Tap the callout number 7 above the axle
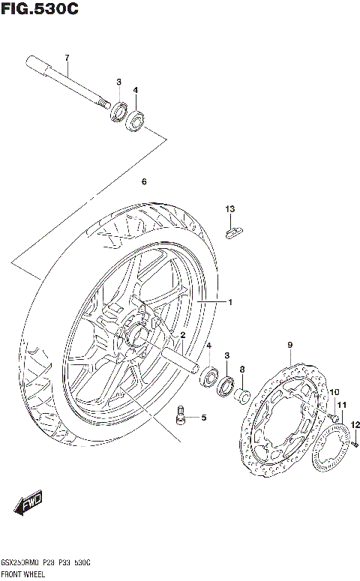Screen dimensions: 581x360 pos(66,58)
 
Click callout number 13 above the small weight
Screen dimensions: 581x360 pos(231,208)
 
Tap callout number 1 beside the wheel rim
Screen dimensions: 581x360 pos(231,302)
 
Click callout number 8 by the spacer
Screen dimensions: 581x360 pos(241,369)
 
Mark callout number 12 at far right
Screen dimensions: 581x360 pos(355,424)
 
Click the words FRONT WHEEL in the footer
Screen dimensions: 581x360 pos(23,574)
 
